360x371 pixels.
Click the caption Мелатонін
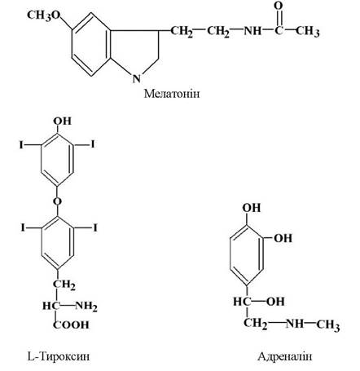click(172, 94)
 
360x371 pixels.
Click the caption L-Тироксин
click(59, 356)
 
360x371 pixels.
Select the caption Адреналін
click(285, 356)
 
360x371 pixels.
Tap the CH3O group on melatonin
click(44, 15)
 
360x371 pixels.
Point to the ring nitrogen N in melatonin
click(137, 78)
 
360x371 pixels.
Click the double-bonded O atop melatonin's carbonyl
click(279, 6)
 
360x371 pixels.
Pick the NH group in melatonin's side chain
click(252, 31)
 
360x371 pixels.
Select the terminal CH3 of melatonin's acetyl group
click(307, 31)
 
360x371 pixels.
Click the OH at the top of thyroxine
click(63, 121)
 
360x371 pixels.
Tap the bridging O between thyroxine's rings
click(57, 201)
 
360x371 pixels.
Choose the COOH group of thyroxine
click(71, 325)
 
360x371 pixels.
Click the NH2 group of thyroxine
click(86, 307)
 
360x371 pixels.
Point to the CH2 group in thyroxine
click(64, 285)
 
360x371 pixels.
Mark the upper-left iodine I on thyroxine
click(21, 145)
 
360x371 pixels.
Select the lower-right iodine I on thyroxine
click(95, 227)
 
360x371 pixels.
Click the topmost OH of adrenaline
click(252, 208)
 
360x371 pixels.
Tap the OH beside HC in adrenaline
click(275, 302)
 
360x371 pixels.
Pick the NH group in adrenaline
click(295, 324)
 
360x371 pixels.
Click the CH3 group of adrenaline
click(328, 325)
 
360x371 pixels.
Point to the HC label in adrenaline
click(243, 302)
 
